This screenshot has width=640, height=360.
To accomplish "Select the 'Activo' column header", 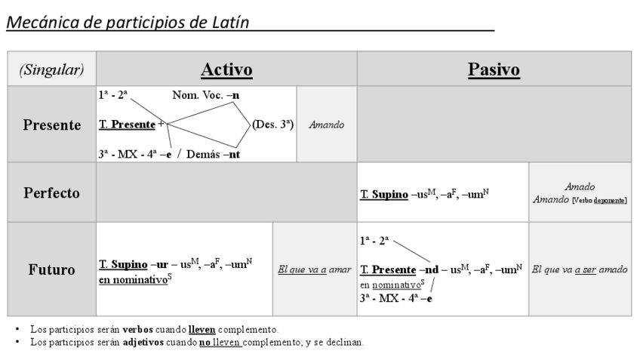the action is [x=226, y=70].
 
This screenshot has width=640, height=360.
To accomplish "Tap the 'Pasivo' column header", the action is [x=494, y=70].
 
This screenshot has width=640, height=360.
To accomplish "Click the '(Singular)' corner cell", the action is [x=51, y=70].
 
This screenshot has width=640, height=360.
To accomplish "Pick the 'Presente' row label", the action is [x=51, y=125].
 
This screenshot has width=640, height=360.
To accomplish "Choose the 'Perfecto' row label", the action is [x=51, y=192].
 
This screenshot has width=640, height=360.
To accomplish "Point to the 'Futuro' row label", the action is [x=51, y=269].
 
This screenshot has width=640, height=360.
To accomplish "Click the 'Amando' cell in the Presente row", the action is [x=327, y=125].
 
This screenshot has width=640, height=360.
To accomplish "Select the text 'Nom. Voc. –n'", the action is [x=206, y=95].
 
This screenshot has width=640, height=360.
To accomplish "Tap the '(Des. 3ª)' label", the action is [x=272, y=124].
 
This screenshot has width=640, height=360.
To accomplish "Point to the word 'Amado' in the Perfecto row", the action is [x=579, y=187].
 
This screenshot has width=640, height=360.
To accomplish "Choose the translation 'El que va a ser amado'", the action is [x=580, y=269].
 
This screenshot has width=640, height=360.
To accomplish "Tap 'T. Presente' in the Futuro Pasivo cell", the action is [x=388, y=269].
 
